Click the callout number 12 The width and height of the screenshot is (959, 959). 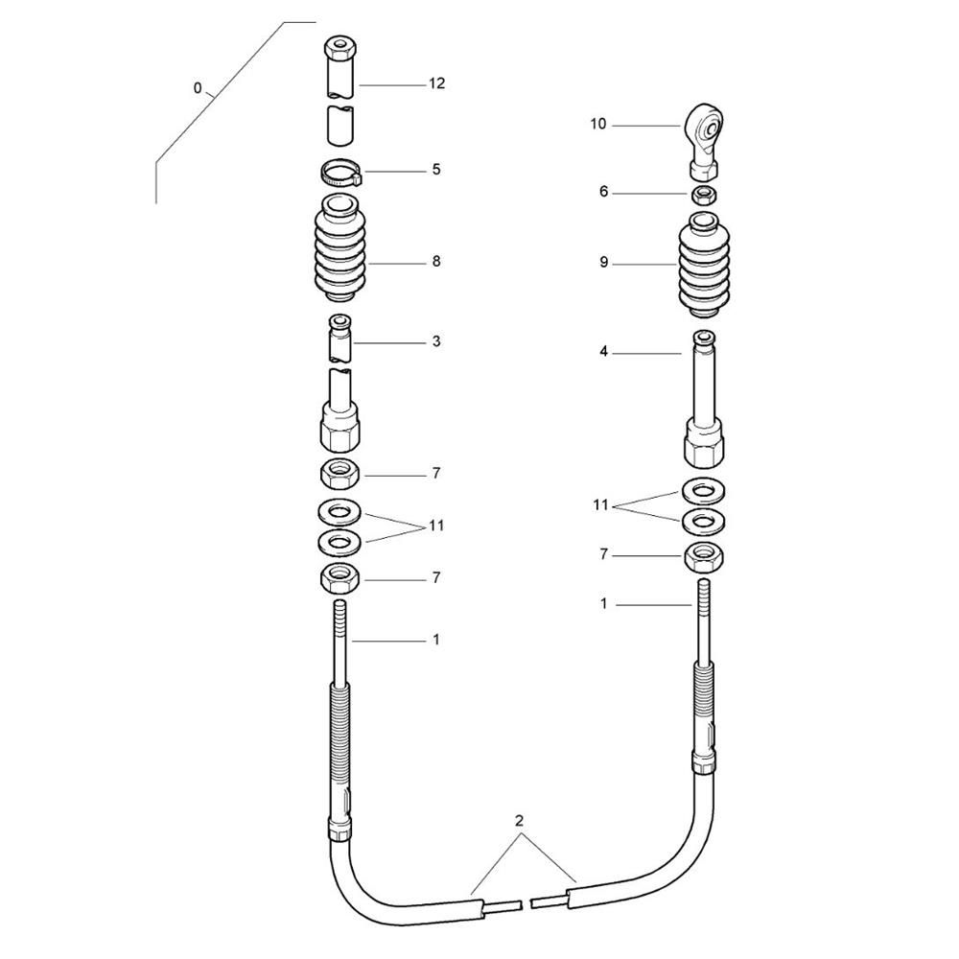[436, 83]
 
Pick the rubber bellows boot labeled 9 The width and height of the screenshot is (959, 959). [704, 265]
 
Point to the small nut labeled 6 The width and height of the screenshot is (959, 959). [704, 195]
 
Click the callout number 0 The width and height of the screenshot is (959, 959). [197, 88]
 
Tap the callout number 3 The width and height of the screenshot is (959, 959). [436, 341]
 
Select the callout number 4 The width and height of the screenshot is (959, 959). [603, 352]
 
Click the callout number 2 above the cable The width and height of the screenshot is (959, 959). [519, 821]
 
